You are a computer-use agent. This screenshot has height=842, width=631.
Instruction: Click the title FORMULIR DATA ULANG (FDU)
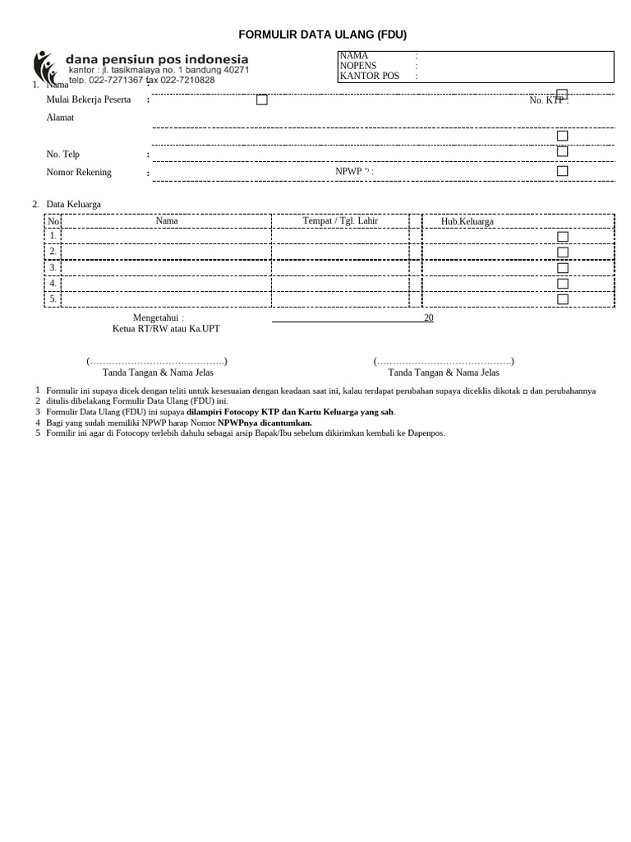pos(322,35)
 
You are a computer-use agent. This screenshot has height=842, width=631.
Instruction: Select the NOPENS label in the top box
pos(357,66)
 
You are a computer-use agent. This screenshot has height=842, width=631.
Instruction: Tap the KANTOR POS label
pos(369,76)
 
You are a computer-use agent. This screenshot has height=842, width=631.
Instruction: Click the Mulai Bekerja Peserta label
pos(89,99)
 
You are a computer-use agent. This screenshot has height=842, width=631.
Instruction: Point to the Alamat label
pos(60,118)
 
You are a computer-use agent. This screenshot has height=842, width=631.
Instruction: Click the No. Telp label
pos(63,154)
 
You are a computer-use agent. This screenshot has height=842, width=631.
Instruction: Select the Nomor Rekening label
pos(79,173)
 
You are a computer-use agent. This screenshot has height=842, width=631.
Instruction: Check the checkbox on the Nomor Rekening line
pos(562,171)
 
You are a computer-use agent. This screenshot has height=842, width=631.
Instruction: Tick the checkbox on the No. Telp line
pos(562,151)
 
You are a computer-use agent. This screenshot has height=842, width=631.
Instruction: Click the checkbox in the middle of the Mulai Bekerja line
pos(261,99)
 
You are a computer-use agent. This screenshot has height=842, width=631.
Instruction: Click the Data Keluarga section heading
pos(73,204)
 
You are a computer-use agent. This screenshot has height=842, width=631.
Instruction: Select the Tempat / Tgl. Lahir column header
pos(340,220)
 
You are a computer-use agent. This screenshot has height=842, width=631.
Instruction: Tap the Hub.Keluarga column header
pos(467,221)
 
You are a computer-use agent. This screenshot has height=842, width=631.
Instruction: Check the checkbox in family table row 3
pos(562,268)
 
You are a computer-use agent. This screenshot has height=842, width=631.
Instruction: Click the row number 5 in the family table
pos(53,298)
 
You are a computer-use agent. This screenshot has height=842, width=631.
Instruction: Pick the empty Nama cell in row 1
pos(166,236)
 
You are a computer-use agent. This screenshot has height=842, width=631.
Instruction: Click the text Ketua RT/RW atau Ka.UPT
pos(166,329)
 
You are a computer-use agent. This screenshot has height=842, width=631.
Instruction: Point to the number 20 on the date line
pos(428,317)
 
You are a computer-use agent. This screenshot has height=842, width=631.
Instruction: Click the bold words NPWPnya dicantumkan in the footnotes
pos(265,423)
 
